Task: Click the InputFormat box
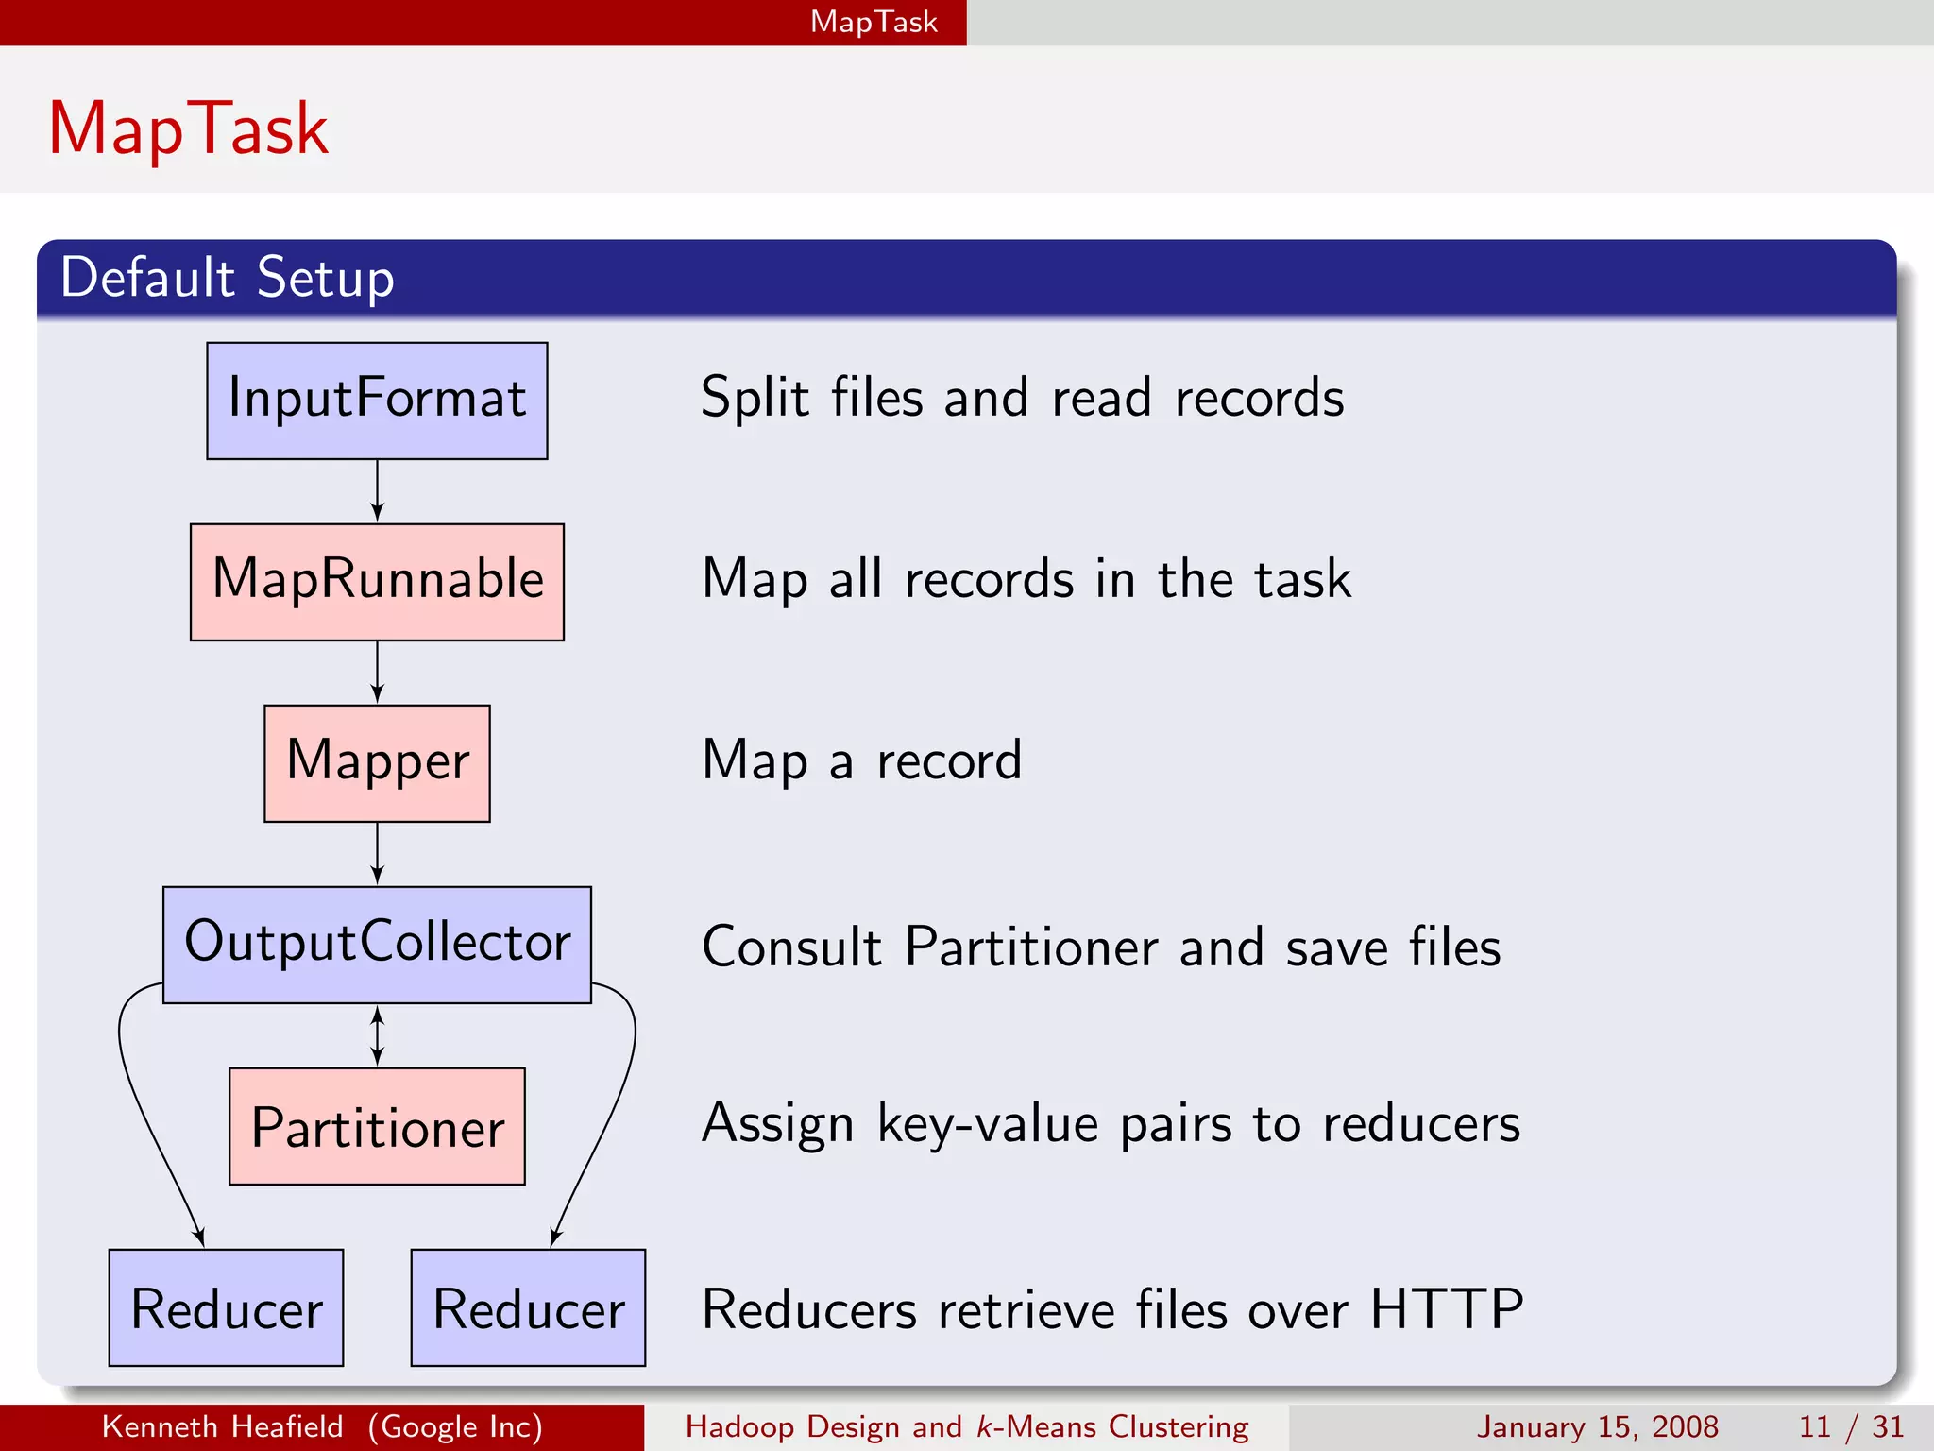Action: point(377,401)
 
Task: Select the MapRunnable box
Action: point(377,582)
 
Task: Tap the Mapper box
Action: point(377,763)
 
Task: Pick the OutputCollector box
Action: point(377,945)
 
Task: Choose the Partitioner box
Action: point(377,1126)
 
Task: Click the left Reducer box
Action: point(226,1307)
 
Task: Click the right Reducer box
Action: point(528,1307)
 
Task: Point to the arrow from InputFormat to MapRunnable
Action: point(377,491)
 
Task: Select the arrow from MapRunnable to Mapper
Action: point(377,673)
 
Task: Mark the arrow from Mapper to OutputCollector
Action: point(377,854)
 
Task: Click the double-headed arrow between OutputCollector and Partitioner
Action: point(377,1035)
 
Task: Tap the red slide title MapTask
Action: point(188,128)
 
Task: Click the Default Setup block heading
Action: point(227,278)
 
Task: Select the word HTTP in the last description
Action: point(1446,1309)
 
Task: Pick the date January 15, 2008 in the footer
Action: point(1597,1426)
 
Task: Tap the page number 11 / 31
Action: point(1851,1426)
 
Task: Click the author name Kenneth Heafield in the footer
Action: point(222,1426)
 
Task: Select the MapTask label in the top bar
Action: point(874,22)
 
